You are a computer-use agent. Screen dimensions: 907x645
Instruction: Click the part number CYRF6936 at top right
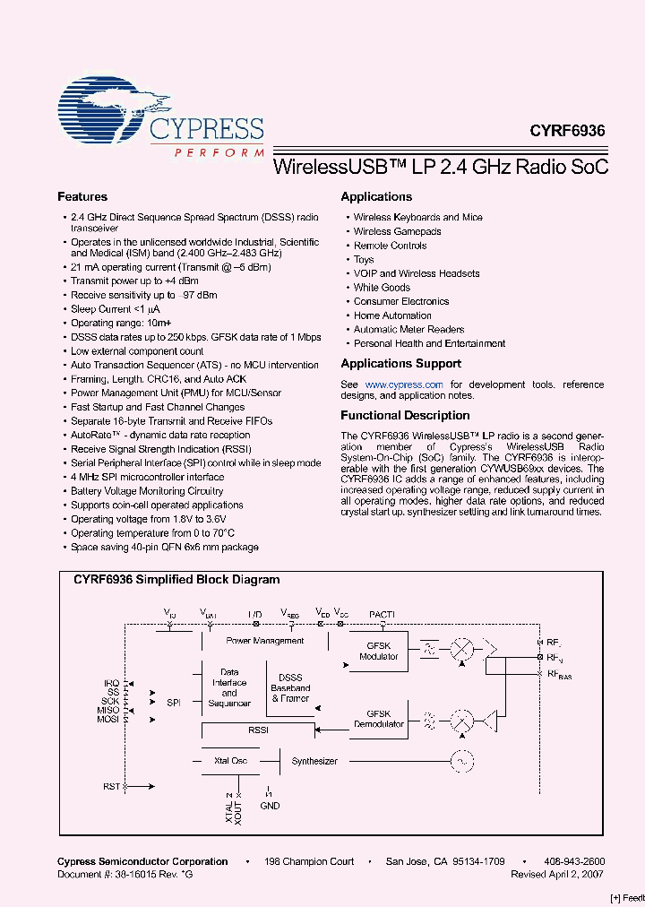566,130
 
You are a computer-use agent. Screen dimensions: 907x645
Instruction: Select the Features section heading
82,197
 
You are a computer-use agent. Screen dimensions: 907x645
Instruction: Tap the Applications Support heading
400,364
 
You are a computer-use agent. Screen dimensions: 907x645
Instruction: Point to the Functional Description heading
405,416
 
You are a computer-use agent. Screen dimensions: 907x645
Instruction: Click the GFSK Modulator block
378,651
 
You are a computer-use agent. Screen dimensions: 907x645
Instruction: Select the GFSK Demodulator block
378,718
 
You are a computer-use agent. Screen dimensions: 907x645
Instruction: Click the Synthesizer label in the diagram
314,761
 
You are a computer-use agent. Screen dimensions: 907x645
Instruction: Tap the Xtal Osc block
230,761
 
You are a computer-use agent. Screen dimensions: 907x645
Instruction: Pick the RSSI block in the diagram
258,730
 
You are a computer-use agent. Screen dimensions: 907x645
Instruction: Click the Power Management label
264,641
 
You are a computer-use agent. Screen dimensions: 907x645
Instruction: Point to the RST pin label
111,786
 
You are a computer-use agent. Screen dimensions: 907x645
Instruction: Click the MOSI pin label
108,720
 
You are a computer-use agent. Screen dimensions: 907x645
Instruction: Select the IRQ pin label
111,683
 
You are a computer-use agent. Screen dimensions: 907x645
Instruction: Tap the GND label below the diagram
269,806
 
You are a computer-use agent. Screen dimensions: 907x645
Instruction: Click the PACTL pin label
382,614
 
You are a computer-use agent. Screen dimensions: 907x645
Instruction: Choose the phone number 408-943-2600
574,861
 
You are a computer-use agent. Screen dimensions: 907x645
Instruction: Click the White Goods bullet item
382,288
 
